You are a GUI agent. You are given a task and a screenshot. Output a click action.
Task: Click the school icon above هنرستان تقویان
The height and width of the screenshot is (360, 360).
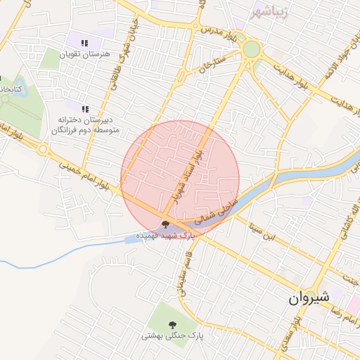[85, 41]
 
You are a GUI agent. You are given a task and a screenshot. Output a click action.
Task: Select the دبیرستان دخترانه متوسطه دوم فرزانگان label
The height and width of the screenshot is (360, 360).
[85, 125]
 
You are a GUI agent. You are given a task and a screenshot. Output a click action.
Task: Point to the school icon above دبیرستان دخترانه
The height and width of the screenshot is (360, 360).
[85, 109]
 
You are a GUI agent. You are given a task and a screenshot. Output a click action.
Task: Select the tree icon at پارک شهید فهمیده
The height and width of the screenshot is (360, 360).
[166, 224]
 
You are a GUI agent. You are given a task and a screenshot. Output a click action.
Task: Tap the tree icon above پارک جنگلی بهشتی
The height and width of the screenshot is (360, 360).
[173, 324]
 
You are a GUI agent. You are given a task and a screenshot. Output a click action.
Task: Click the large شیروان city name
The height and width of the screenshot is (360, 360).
[308, 298]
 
